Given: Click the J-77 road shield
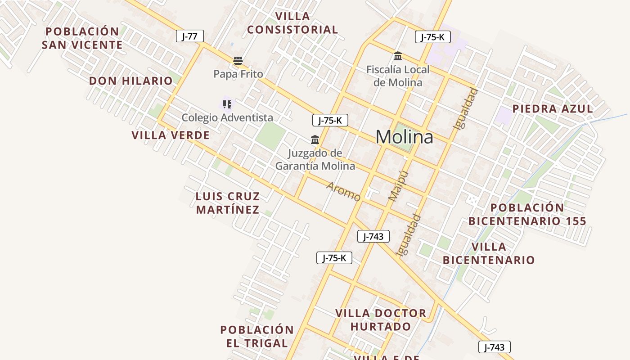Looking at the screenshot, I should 189,36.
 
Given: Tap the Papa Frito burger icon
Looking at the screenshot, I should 238,61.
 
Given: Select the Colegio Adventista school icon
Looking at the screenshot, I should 227,104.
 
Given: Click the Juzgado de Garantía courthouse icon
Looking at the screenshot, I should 315,140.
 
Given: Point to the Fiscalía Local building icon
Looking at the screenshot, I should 398,56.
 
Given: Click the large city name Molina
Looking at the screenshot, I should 404,137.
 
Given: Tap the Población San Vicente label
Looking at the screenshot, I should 82,38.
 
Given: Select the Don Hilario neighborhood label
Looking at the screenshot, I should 130,81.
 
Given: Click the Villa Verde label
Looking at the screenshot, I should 171,135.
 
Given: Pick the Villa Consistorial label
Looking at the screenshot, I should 292,23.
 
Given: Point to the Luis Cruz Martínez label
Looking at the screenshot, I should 228,203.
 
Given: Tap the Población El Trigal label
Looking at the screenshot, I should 257,336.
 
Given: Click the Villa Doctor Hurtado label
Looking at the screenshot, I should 381,319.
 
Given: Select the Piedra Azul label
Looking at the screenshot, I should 553,109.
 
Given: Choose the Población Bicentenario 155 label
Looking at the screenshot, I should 527,214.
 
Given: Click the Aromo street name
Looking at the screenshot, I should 343,192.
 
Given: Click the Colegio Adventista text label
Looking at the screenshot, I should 227,118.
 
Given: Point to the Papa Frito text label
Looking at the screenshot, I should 238,74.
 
